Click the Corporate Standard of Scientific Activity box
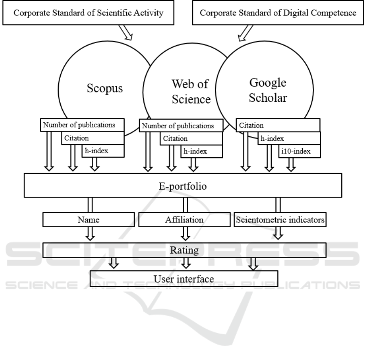89,13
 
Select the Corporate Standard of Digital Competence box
279,13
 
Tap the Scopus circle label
105,88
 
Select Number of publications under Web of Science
181,126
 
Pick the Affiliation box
184,220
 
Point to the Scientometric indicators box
279,220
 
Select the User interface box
184,279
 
